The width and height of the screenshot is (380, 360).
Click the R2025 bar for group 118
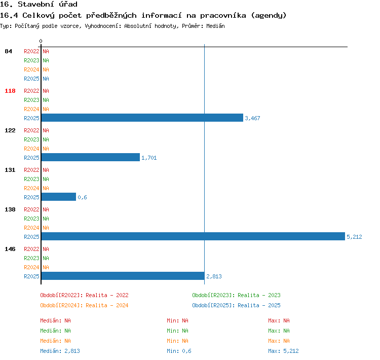(x=142, y=118)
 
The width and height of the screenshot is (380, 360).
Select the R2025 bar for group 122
(x=91, y=157)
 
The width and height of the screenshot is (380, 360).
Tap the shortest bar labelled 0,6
(x=59, y=197)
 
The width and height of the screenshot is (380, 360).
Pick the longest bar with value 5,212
(x=193, y=236)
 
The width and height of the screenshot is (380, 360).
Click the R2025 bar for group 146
(x=123, y=276)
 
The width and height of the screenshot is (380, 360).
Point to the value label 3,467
(x=252, y=118)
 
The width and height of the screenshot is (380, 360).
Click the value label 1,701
(x=149, y=158)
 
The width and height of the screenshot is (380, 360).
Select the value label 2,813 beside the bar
(x=214, y=276)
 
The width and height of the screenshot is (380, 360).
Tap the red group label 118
(x=10, y=91)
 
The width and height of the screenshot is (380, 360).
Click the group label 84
(x=8, y=51)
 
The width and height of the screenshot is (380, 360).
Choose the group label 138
(x=10, y=209)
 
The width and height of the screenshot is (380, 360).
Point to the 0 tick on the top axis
(x=41, y=41)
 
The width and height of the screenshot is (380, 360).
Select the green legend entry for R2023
(x=236, y=295)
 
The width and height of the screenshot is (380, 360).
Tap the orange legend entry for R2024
(x=84, y=305)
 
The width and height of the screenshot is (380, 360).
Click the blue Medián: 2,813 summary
(x=60, y=351)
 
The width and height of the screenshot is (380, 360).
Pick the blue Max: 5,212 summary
(x=283, y=351)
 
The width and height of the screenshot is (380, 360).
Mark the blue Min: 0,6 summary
(x=179, y=351)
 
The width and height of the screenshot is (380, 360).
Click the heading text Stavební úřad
(x=48, y=4)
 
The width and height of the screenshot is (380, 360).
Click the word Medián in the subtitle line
(x=215, y=26)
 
